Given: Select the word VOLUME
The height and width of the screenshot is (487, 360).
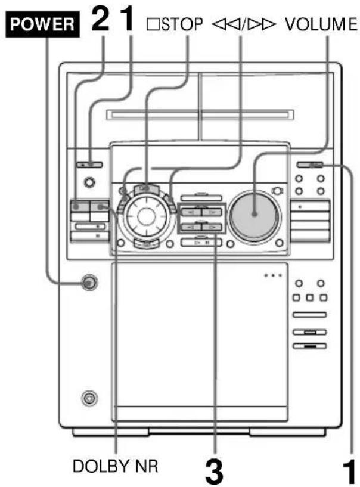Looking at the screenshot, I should [x=320, y=24].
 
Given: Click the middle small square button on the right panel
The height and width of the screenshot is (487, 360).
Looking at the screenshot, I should [x=311, y=296].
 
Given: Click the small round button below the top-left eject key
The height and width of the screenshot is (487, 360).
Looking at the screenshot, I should [x=89, y=182].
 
